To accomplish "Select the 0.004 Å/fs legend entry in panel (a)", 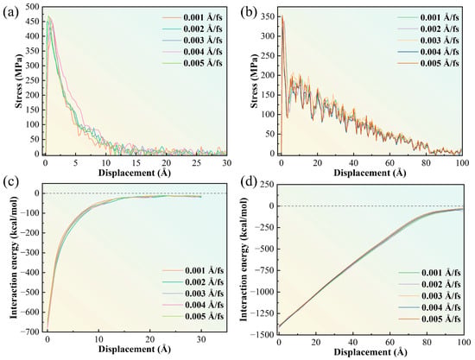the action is pyautogui.click(x=192, y=52).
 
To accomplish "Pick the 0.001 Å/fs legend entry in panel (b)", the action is pyautogui.click(x=428, y=17).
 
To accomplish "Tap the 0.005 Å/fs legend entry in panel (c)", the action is pyautogui.click(x=193, y=316).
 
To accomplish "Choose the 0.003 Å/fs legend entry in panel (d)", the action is pyautogui.click(x=429, y=295).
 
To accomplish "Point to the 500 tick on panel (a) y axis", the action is pyautogui.click(x=33, y=6).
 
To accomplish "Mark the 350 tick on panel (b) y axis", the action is pyautogui.click(x=268, y=16).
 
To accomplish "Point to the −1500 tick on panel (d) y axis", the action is pyautogui.click(x=263, y=335).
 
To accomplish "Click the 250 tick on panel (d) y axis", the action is pyautogui.click(x=268, y=185).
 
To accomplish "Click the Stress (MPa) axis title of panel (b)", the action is pyautogui.click(x=255, y=81).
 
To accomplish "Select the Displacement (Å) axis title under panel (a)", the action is pyautogui.click(x=134, y=174).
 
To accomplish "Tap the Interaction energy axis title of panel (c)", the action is pyautogui.click(x=13, y=257).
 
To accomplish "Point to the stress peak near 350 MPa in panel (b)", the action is pyautogui.click(x=282, y=16).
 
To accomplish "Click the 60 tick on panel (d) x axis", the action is pyautogui.click(x=389, y=342).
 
